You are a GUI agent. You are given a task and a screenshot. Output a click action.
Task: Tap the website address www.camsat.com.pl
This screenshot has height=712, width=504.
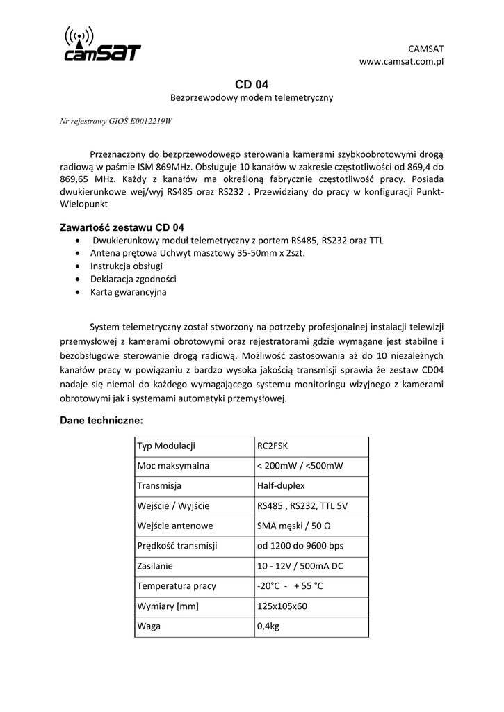point(401,62)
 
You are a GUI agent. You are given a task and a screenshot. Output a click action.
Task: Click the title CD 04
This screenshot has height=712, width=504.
point(252,85)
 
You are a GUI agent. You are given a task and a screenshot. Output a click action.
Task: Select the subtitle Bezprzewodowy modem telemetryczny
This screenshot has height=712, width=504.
point(252,98)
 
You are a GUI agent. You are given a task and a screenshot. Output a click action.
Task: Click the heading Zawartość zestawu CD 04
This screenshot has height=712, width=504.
point(122,227)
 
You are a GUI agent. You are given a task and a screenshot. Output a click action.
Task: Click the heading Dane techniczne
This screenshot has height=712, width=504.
point(101,421)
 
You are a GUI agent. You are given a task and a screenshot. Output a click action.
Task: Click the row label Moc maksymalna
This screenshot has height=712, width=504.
point(173,466)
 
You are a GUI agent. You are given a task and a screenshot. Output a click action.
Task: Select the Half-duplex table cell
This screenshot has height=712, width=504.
point(281,486)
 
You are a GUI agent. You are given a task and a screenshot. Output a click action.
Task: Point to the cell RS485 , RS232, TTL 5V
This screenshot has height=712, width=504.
point(302,506)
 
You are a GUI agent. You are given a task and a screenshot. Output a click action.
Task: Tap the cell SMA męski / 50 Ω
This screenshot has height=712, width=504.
point(293,526)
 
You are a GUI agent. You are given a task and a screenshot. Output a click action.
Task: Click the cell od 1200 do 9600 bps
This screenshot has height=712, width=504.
point(300,546)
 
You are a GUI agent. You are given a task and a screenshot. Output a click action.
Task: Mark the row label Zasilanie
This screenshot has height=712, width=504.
point(155,566)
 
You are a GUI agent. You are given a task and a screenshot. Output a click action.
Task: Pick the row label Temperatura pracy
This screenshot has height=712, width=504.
point(177,586)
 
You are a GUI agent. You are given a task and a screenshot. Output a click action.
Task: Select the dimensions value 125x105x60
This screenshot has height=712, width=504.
point(282,606)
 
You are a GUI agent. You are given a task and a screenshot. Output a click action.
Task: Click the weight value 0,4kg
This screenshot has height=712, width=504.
point(268,626)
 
